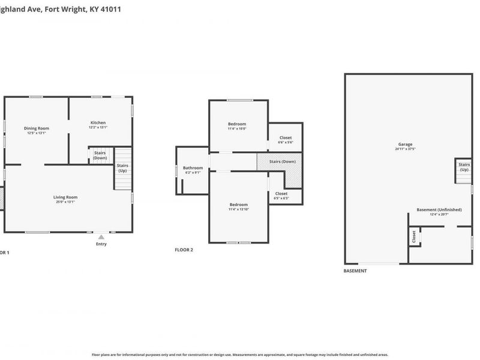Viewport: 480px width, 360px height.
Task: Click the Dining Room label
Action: coord(37,128)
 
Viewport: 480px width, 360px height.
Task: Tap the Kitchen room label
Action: coord(98,122)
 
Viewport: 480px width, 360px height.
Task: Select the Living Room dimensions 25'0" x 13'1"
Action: coord(65,202)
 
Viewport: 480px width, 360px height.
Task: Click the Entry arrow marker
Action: coord(101,238)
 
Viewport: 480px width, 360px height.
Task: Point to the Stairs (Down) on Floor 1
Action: coord(100,155)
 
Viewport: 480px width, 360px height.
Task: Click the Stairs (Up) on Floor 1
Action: coord(122,168)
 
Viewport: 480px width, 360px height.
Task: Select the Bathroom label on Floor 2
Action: coord(193,168)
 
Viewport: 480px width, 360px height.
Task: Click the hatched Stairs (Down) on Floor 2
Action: coord(282,162)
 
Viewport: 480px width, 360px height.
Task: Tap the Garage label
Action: coord(405,145)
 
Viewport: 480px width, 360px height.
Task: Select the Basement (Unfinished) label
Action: coord(439,209)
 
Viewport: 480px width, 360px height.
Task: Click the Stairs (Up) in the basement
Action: coord(464,167)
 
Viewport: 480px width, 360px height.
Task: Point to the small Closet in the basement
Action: coord(414,237)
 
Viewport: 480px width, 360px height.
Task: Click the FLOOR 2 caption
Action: coord(184,250)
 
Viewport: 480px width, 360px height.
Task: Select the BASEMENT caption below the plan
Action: coord(355,271)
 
